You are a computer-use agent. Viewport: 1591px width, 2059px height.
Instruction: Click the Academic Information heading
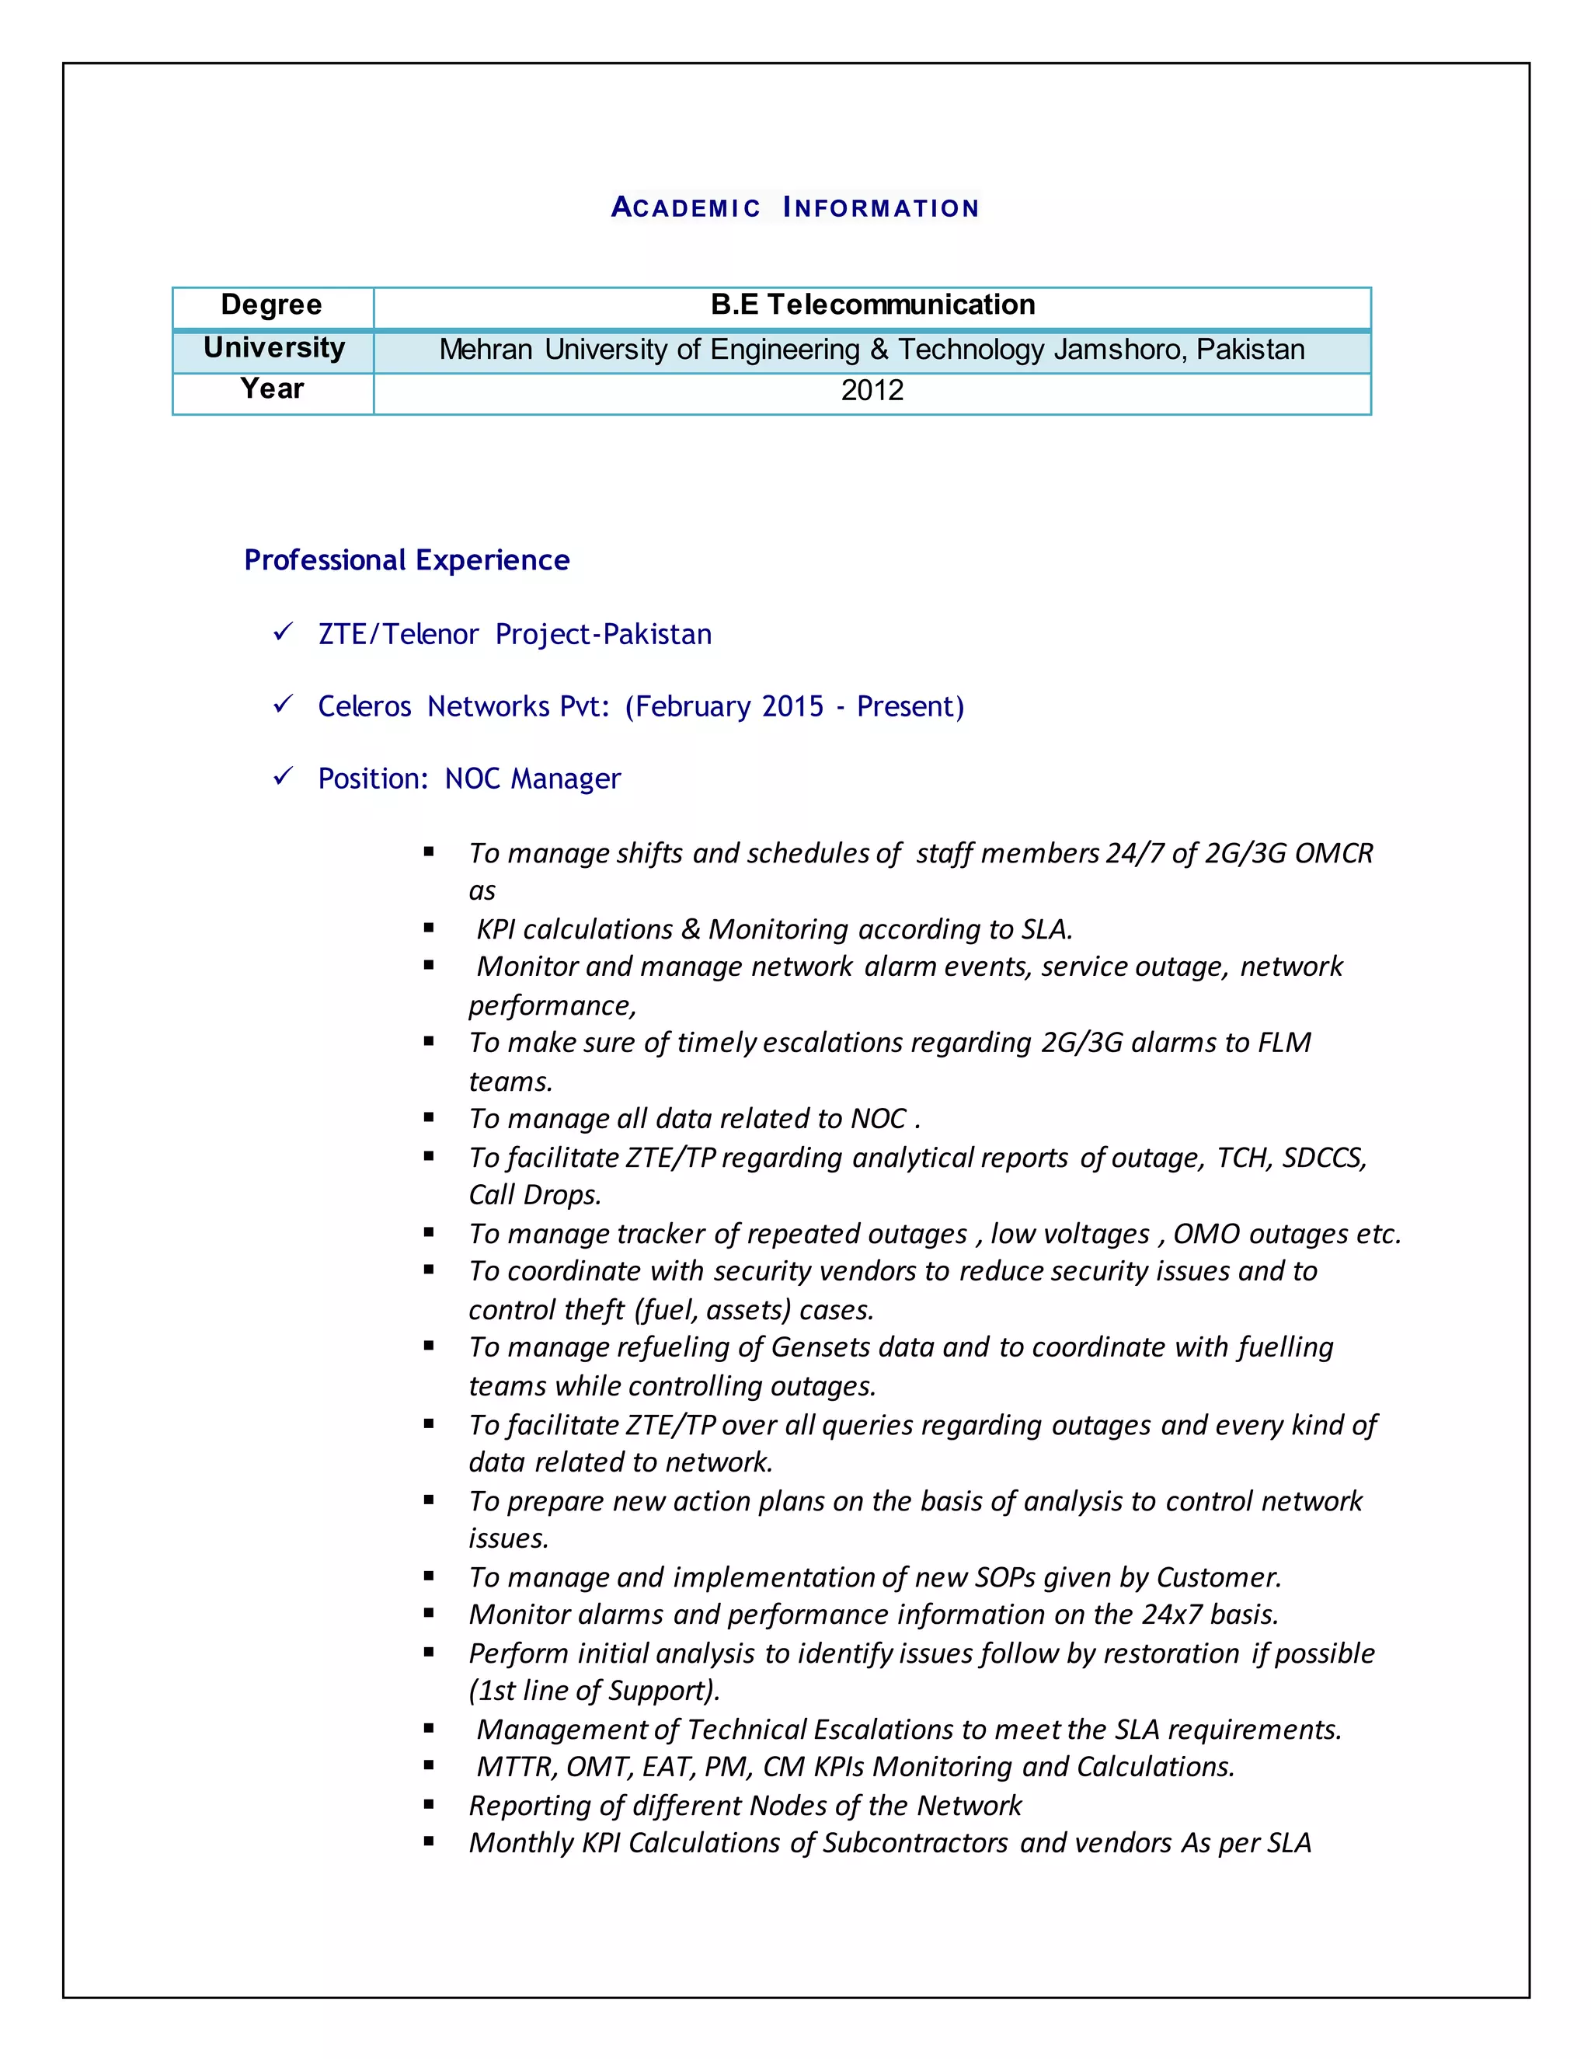795,207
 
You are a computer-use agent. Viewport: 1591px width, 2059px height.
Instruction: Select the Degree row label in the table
271,305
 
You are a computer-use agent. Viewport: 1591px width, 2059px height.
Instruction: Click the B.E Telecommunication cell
872,305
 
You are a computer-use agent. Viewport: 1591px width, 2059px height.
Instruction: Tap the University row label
274,348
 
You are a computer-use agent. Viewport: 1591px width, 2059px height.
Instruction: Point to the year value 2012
872,390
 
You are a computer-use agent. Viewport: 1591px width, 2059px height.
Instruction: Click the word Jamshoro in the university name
1121,350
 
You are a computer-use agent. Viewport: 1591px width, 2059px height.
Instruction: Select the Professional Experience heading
406,560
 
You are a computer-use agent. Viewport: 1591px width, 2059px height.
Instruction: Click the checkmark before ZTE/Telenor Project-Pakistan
282,632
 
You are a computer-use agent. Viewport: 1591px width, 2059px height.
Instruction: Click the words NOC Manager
532,779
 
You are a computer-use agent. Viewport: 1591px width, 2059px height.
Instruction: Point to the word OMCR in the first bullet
1333,853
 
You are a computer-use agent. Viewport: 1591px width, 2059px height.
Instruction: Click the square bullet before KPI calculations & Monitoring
429,928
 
